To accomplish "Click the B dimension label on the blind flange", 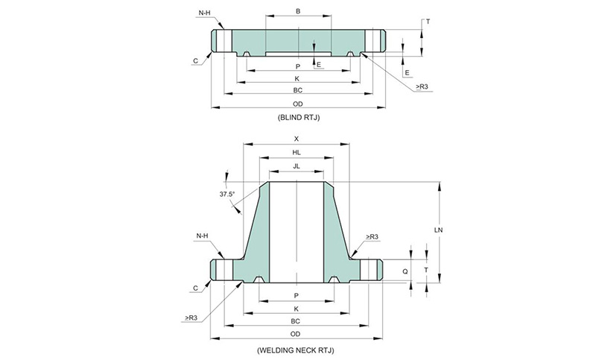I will (297, 11).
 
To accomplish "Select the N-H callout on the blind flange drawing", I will (205, 13).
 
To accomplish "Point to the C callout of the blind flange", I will (195, 62).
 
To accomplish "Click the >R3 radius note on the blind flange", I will (421, 87).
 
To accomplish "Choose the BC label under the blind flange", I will (297, 90).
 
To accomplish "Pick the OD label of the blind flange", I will (297, 104).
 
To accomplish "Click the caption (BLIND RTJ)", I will (297, 119).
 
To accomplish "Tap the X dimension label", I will (297, 139).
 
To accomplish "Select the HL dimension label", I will (297, 152).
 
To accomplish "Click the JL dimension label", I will (297, 165).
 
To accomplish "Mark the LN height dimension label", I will (440, 230).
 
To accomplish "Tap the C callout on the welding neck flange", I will (195, 288).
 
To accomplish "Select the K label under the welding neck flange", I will (297, 309).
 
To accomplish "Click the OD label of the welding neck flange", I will (297, 334).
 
